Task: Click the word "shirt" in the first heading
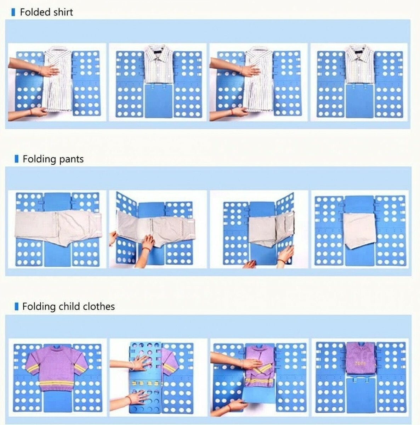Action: tap(63, 12)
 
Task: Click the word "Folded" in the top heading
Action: tap(35, 12)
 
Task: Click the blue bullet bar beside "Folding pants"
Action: tap(16, 159)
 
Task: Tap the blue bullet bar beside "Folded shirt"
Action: tap(13, 12)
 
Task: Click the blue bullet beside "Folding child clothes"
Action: tap(16, 306)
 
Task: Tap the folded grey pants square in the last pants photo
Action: tap(359, 230)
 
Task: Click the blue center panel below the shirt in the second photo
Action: tap(158, 100)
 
